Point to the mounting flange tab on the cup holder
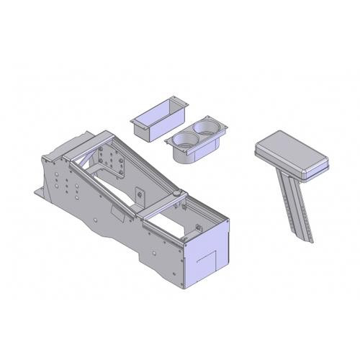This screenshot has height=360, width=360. click(x=222, y=127)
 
